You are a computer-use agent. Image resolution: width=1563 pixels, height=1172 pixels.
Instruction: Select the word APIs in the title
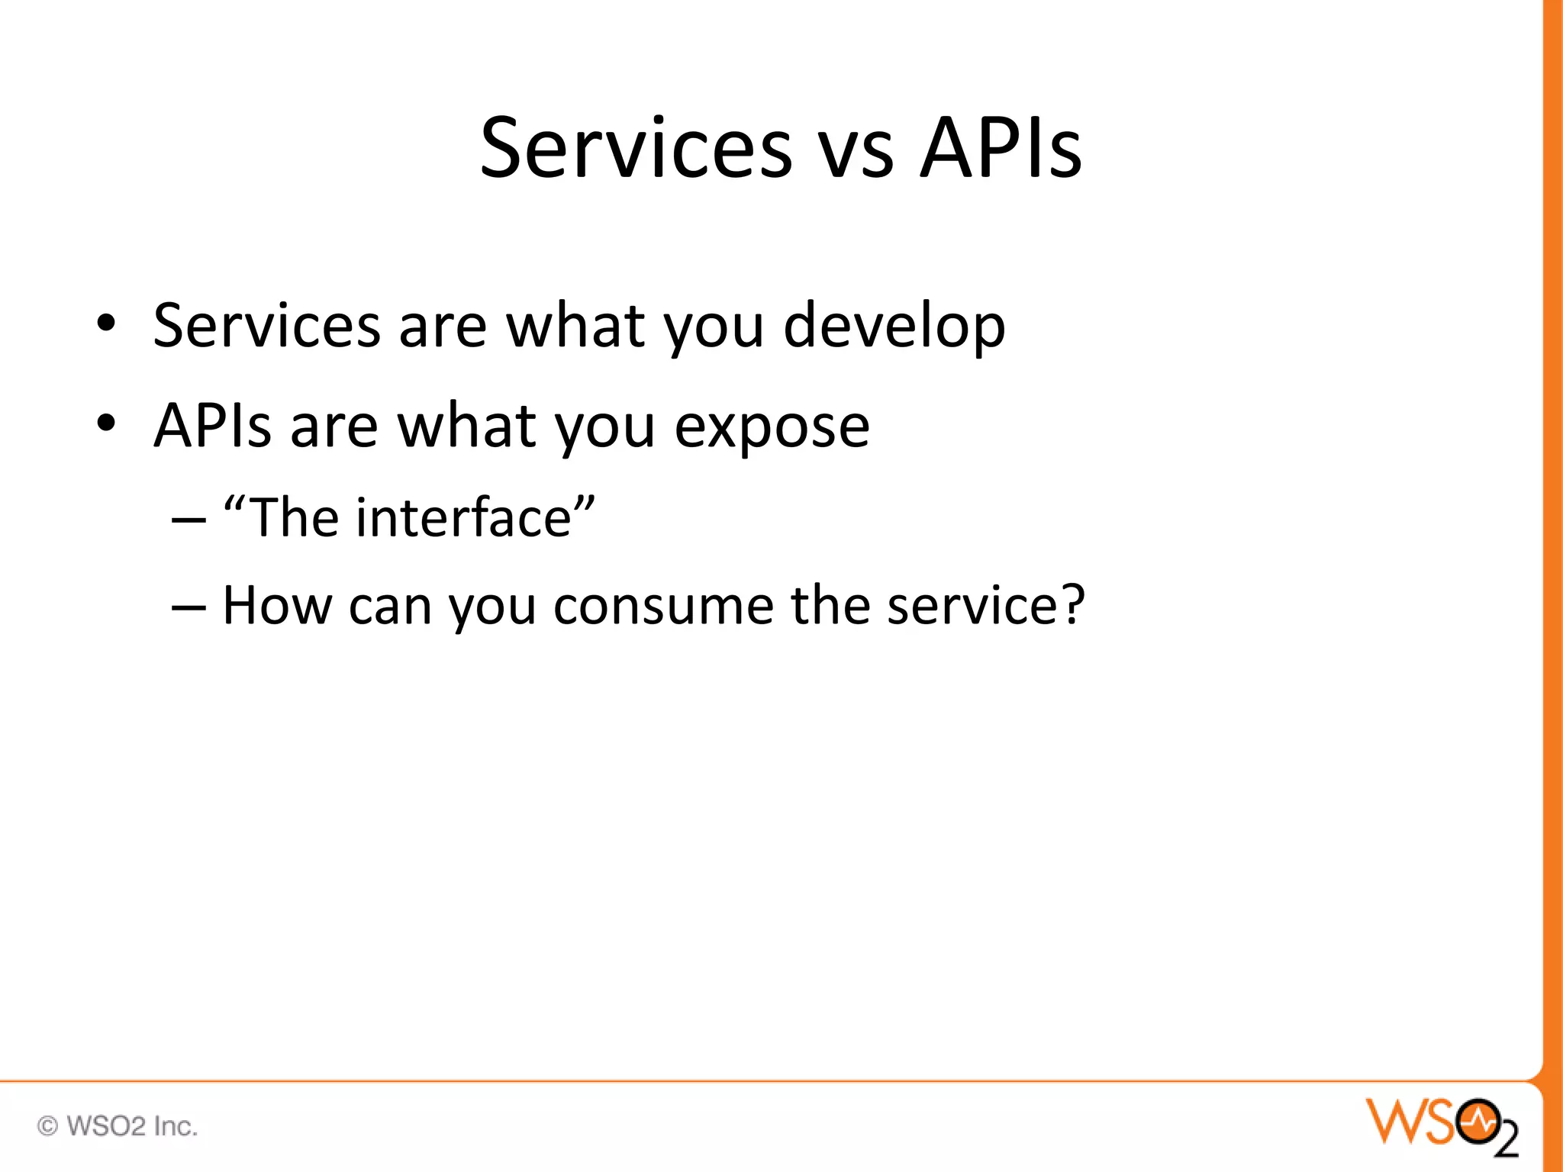pos(1001,148)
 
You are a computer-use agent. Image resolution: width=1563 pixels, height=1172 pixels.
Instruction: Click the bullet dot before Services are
pos(106,324)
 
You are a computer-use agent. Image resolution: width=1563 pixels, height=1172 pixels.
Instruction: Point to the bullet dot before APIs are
pos(106,423)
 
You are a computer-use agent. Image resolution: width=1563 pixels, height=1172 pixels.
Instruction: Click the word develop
pos(894,327)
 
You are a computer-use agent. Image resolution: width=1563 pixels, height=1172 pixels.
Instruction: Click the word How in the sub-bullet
pos(277,606)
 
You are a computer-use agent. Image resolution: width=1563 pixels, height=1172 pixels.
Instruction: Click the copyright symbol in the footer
pos(47,1126)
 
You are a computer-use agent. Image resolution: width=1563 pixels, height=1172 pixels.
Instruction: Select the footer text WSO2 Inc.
pos(132,1126)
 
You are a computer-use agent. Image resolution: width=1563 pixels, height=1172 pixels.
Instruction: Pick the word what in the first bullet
pos(577,327)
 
